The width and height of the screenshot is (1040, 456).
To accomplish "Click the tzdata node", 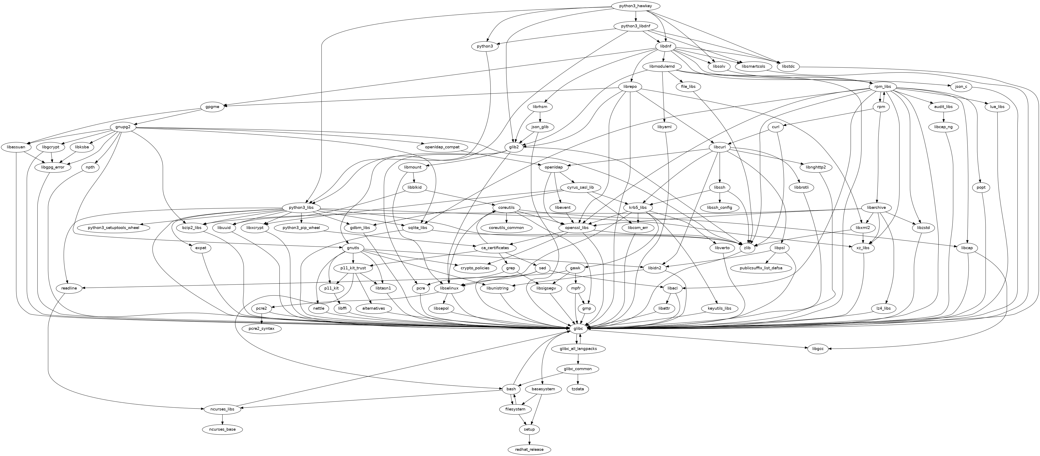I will pos(578,389).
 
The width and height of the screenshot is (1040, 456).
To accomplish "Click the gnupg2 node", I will pos(123,127).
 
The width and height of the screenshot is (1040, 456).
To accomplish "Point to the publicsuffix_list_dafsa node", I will pos(761,268).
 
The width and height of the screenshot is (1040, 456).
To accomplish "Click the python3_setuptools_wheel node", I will pos(119,228).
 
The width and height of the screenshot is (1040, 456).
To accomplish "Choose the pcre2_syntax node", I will pos(261,328).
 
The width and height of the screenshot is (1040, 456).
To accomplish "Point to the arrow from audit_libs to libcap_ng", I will pos(943,117).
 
